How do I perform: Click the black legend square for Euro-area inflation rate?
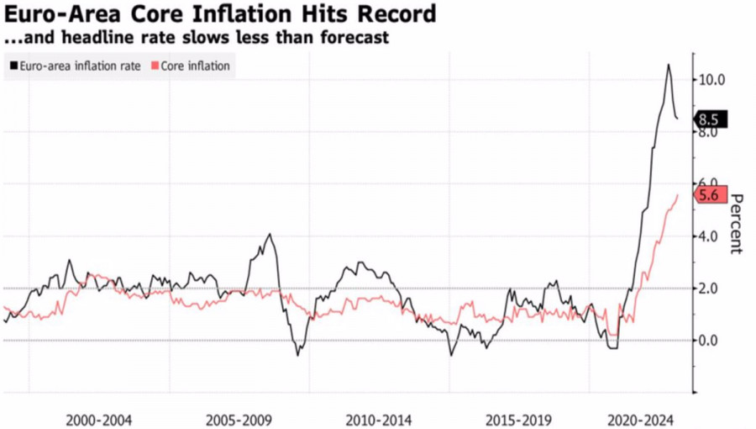13,66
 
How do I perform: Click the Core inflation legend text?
195,66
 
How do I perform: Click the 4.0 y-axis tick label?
710,236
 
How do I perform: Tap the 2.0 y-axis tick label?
710,289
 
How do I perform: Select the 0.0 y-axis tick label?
710,341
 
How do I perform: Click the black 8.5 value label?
709,119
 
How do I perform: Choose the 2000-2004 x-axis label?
99,418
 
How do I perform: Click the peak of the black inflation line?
669,64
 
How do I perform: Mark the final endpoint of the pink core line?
678,194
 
